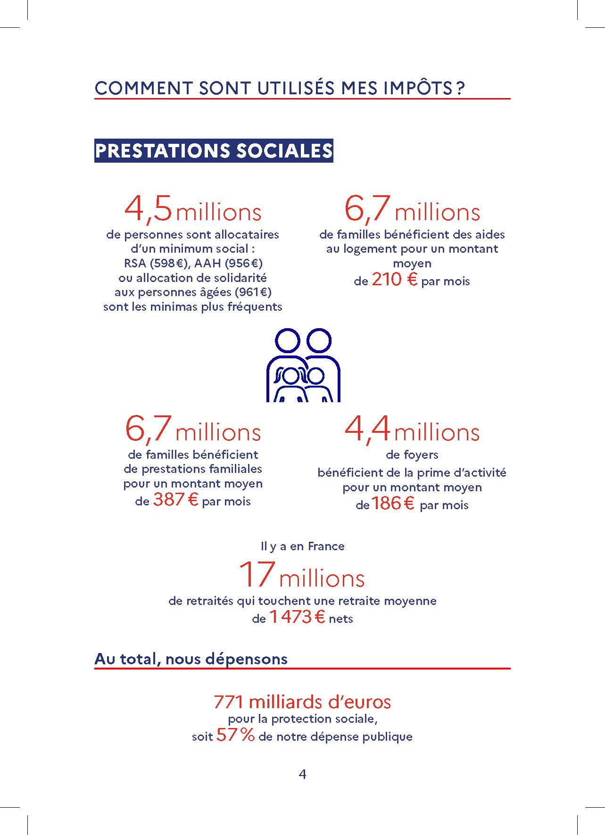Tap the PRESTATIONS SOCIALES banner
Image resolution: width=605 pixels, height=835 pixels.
[x=214, y=151]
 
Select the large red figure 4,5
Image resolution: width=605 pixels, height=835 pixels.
[x=148, y=209]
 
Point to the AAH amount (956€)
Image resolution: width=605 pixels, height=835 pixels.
[x=244, y=263]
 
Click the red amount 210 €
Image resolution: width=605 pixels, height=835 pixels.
[x=395, y=280]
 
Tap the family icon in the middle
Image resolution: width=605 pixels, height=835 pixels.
[x=303, y=365]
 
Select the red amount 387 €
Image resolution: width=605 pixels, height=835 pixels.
[x=175, y=500]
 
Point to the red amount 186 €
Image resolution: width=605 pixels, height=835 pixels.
[x=393, y=504]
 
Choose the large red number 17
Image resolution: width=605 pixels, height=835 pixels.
[x=257, y=574]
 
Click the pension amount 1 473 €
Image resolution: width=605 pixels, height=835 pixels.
[x=297, y=617]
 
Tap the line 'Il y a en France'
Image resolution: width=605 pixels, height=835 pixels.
[x=303, y=546]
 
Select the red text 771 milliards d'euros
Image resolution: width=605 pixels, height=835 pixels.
[x=302, y=702]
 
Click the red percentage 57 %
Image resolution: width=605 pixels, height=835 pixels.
[x=235, y=736]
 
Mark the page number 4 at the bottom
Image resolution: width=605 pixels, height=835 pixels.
[x=303, y=774]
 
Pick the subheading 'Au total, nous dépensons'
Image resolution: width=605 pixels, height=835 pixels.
[x=191, y=659]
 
